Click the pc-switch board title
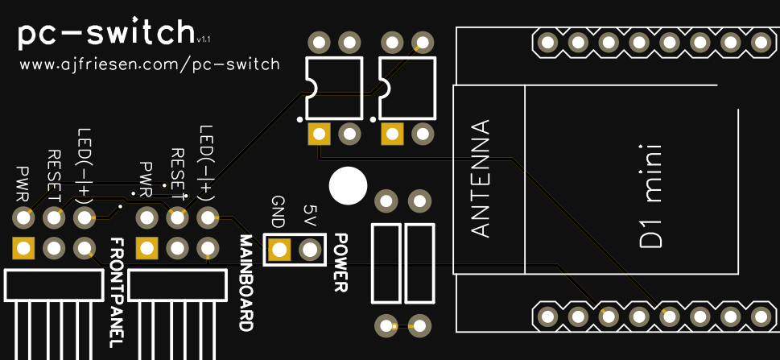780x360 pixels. click(105, 34)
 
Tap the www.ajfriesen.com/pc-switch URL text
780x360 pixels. click(150, 64)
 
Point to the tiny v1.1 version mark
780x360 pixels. click(204, 38)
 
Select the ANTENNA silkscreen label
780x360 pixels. click(480, 179)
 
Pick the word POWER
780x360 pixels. click(340, 263)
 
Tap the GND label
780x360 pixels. click(279, 212)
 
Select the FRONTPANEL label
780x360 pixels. click(116, 292)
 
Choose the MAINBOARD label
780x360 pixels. click(246, 283)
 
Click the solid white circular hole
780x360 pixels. click(349, 185)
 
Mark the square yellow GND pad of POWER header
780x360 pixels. click(279, 250)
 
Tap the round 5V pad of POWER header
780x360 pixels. click(310, 250)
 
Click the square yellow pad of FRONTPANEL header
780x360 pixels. click(23, 248)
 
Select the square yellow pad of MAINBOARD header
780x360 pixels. click(147, 248)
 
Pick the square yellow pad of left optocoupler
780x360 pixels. click(320, 134)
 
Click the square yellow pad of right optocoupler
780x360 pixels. click(392, 134)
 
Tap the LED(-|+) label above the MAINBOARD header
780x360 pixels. click(207, 162)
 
